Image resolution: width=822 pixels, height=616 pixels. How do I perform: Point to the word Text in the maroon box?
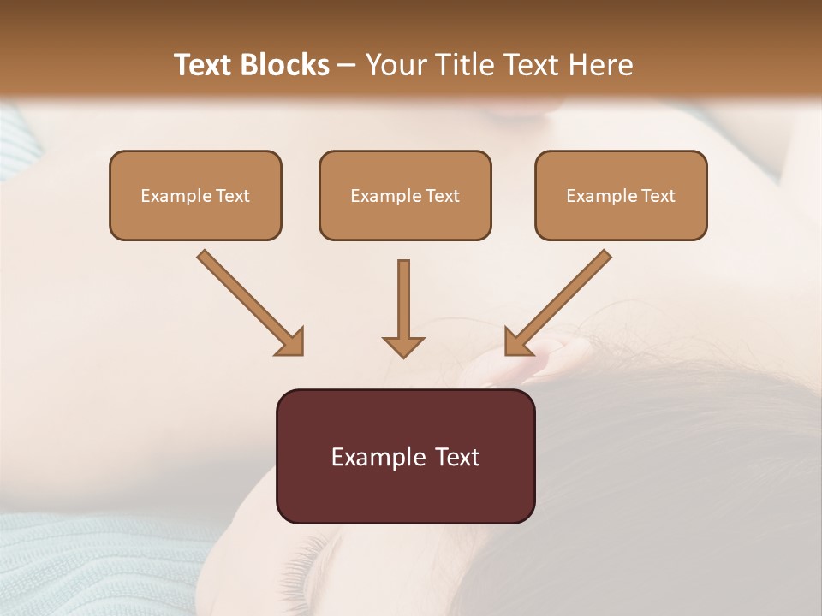457,458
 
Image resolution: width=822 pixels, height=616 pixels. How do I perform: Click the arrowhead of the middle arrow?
403,346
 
